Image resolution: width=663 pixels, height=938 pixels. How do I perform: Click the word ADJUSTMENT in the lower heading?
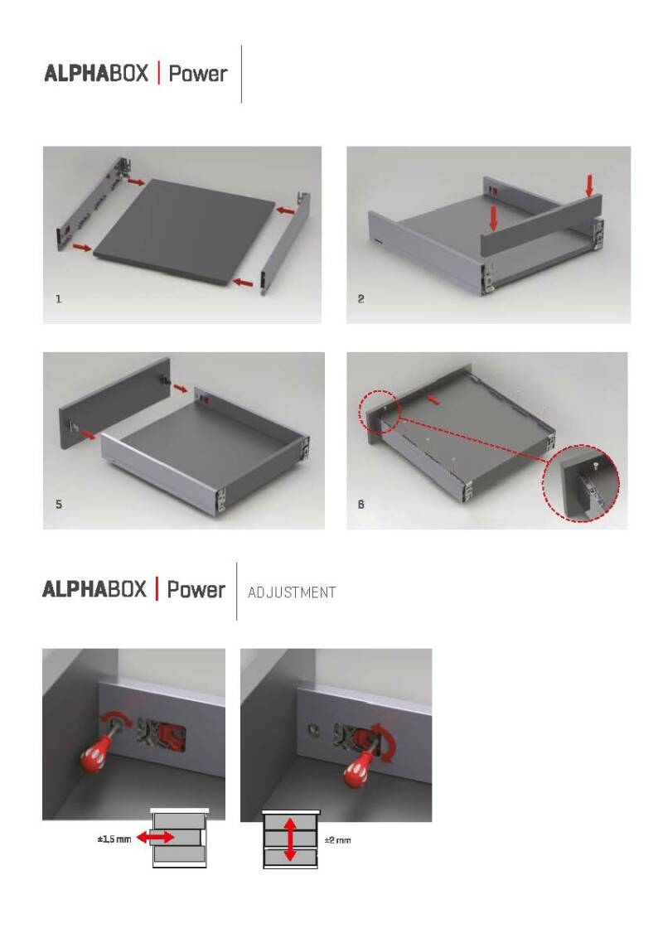(292, 592)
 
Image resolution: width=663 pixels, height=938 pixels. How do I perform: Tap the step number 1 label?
(59, 298)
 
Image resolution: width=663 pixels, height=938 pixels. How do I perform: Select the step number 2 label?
(361, 298)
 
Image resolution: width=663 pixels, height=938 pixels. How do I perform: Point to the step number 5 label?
(59, 504)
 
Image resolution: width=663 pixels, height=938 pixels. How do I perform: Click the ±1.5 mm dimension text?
(114, 839)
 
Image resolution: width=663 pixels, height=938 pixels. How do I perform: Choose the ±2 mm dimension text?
(337, 840)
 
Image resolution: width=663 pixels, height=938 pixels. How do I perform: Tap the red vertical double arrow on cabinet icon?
(290, 839)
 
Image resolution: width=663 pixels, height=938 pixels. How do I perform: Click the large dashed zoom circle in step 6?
(580, 483)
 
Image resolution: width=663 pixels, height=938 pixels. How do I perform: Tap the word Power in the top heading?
(198, 74)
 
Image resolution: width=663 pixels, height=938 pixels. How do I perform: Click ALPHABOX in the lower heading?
(94, 589)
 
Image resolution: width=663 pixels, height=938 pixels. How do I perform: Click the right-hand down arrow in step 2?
(589, 185)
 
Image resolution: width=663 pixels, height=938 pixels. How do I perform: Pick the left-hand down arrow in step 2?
(493, 219)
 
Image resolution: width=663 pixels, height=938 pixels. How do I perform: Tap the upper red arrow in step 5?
(180, 389)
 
